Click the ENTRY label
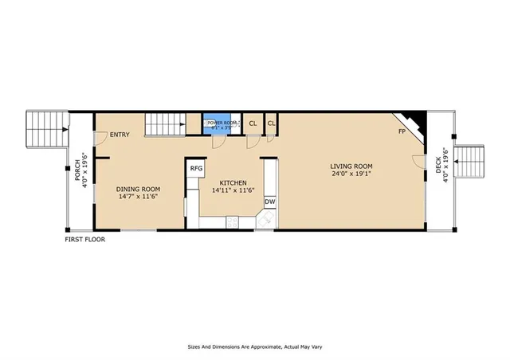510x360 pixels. click(x=120, y=135)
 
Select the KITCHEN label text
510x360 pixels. click(x=233, y=182)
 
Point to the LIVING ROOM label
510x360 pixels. click(x=352, y=166)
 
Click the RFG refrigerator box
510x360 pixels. click(x=196, y=168)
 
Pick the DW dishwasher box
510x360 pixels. click(x=269, y=202)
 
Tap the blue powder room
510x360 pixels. click(x=221, y=123)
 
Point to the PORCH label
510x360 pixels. click(x=78, y=174)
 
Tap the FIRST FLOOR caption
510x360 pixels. click(x=84, y=239)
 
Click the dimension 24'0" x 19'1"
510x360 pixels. click(x=352, y=174)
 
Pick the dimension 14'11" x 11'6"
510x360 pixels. click(x=233, y=190)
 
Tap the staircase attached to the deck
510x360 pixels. click(x=470, y=162)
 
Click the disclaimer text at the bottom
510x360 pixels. click(x=255, y=346)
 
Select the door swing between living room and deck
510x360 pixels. click(x=418, y=162)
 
